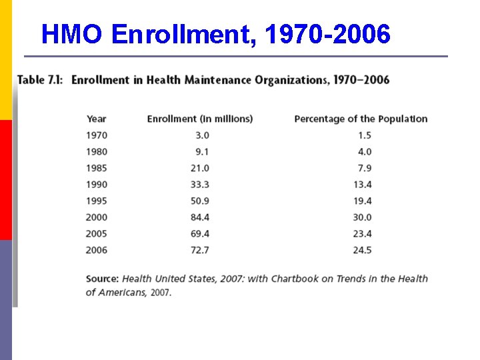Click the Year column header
click(x=97, y=119)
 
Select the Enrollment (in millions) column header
click(x=200, y=119)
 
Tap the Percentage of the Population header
click(x=361, y=119)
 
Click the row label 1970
click(x=97, y=135)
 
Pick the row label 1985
click(x=97, y=168)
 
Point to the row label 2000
click(x=97, y=217)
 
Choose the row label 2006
click(x=97, y=250)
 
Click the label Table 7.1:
click(x=40, y=81)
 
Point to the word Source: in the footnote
click(x=102, y=279)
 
